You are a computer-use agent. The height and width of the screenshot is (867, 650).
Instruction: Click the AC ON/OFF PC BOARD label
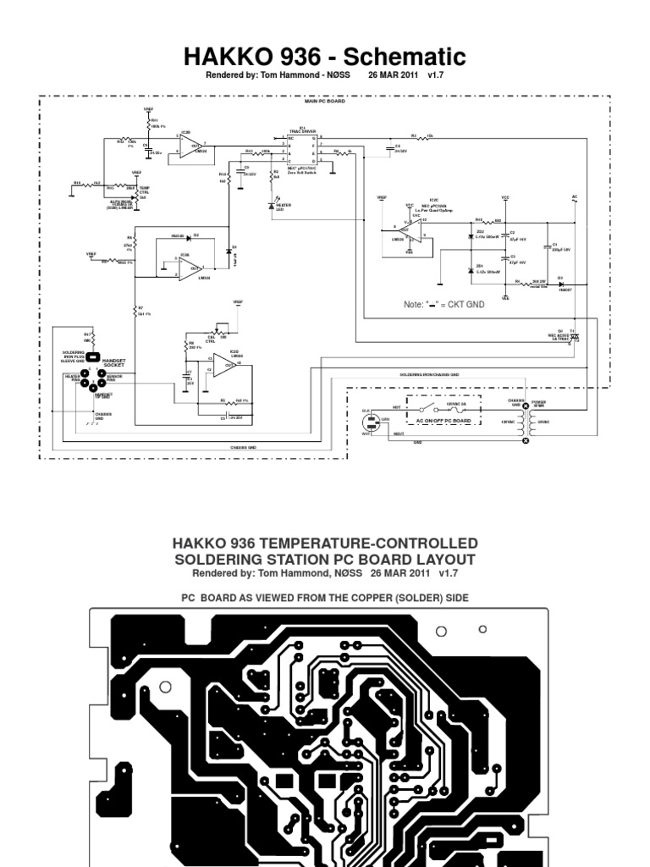click(x=443, y=421)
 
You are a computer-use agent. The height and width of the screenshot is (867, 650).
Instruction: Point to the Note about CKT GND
click(x=443, y=303)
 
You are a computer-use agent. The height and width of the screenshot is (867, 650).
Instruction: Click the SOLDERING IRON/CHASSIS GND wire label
click(x=429, y=373)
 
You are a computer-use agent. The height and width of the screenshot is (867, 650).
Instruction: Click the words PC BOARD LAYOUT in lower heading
click(x=380, y=560)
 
